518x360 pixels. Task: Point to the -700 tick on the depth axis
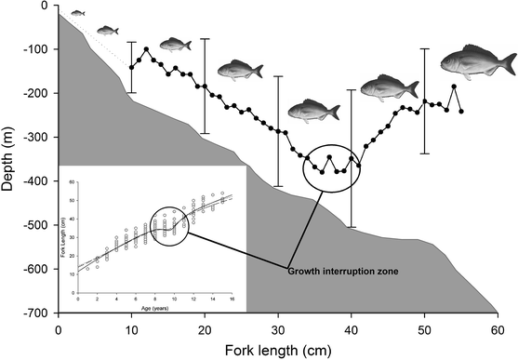[58, 313]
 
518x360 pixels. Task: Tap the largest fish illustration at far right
[474, 63]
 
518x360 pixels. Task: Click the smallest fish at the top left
[78, 14]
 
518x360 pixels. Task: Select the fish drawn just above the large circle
[310, 111]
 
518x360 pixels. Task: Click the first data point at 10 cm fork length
[131, 67]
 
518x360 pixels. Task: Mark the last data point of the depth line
[461, 112]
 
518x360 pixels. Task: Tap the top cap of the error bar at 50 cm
[425, 48]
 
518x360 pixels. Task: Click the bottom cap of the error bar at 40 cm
[351, 227]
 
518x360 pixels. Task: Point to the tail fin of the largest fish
[507, 63]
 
